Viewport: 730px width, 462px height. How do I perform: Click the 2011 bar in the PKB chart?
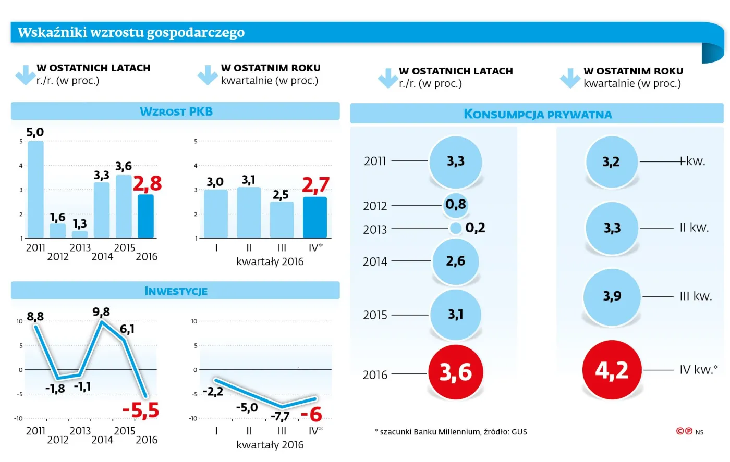coord(35,190)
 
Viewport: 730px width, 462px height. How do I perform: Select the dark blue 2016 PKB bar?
coord(146,216)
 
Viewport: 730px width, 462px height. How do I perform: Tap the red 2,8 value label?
coord(147,183)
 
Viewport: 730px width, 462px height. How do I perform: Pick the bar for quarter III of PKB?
coord(282,220)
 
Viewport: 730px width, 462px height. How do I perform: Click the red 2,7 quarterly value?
coord(315,185)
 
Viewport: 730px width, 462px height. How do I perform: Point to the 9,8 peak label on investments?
coord(101,312)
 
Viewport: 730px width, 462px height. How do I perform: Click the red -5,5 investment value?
coord(141,410)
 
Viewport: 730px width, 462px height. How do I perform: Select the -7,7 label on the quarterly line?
coord(280,416)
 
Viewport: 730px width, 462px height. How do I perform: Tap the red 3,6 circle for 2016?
coord(456,372)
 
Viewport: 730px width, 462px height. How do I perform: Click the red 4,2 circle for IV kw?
coord(612,370)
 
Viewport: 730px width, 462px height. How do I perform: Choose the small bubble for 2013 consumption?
coord(456,228)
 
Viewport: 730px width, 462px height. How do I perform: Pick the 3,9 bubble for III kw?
coord(612,296)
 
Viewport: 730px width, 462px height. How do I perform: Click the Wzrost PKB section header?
coord(176,111)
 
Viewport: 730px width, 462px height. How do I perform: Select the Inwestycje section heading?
coord(176,291)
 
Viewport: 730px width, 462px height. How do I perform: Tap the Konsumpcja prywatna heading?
coord(538,114)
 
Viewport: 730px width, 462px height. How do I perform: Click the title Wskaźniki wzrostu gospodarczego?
coord(131,32)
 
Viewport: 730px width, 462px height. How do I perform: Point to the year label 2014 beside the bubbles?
coord(375,261)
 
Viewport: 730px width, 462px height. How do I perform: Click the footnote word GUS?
coord(519,432)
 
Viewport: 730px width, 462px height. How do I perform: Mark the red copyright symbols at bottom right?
coord(684,431)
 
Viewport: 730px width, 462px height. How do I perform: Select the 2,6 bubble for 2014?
coord(456,261)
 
